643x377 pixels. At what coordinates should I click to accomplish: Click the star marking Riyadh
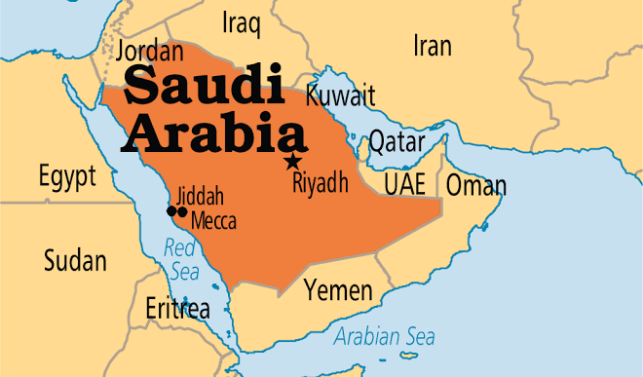pos(290,162)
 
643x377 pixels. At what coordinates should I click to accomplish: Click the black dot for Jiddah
pos(171,210)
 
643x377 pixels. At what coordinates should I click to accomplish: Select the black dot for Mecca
pos(182,211)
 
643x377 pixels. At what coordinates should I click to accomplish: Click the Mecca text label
pos(213,221)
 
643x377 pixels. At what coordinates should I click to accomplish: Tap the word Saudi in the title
pos(201,87)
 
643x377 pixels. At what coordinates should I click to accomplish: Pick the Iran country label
pos(433,46)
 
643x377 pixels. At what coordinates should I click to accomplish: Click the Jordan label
pos(149,51)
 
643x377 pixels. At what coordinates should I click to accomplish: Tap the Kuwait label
pos(340,95)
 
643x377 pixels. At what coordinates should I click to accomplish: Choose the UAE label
pos(404,184)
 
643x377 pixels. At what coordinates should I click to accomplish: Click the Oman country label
pos(476,185)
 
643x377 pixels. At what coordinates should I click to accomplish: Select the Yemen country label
pos(338,290)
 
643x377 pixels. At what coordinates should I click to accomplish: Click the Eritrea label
pos(177,310)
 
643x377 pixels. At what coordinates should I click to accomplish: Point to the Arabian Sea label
pos(384,337)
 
